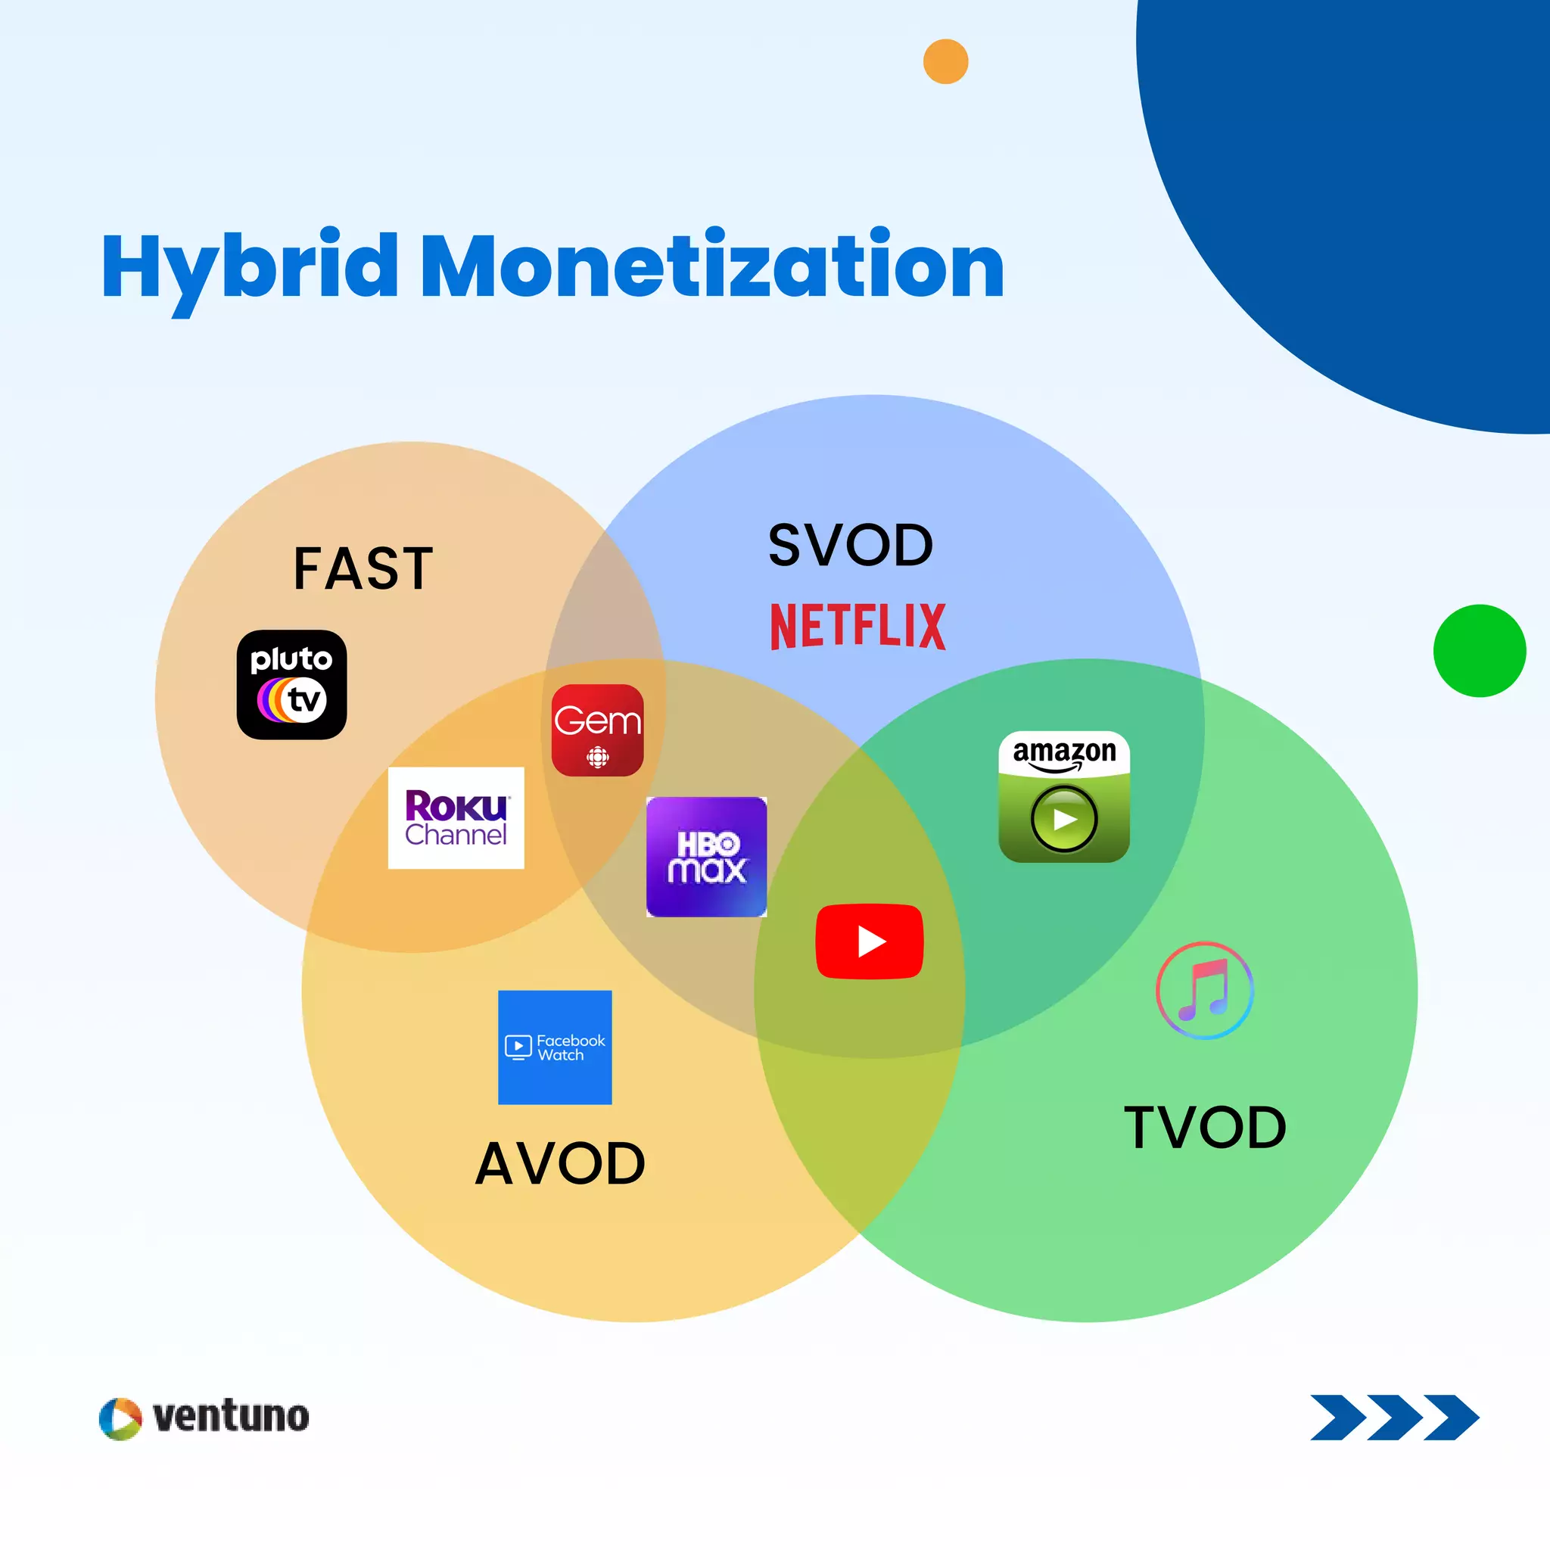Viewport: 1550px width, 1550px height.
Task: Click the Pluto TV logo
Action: pyautogui.click(x=291, y=684)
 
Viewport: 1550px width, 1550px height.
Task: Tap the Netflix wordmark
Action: pyautogui.click(x=857, y=626)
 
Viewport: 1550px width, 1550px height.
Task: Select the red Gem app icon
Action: pyautogui.click(x=598, y=730)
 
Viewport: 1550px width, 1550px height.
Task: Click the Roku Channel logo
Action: pyautogui.click(x=456, y=817)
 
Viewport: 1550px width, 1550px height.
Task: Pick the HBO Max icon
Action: pyautogui.click(x=706, y=856)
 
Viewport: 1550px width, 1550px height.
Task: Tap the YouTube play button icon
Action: pyautogui.click(x=869, y=941)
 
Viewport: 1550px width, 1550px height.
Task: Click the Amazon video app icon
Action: pyautogui.click(x=1064, y=797)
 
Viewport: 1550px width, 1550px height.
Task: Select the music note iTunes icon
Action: pyautogui.click(x=1204, y=990)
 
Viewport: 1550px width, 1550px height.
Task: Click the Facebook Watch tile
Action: pyautogui.click(x=554, y=1047)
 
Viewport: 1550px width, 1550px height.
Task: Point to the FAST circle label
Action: pyautogui.click(x=363, y=568)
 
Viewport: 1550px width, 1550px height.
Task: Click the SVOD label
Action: pyautogui.click(x=851, y=546)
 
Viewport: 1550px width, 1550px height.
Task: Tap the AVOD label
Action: pyautogui.click(x=560, y=1163)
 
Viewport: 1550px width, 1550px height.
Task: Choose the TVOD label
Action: pyautogui.click(x=1205, y=1127)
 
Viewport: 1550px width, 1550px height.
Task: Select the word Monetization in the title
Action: pyautogui.click(x=711, y=266)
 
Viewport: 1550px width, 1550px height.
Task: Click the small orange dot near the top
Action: pyautogui.click(x=945, y=62)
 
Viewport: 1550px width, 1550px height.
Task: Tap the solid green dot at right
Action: pyautogui.click(x=1480, y=651)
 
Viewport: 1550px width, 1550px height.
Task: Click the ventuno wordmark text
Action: pyautogui.click(x=231, y=1417)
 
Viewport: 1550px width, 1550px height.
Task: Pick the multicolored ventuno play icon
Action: pyautogui.click(x=120, y=1418)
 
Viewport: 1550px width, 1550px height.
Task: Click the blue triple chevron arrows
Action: pyautogui.click(x=1394, y=1418)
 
